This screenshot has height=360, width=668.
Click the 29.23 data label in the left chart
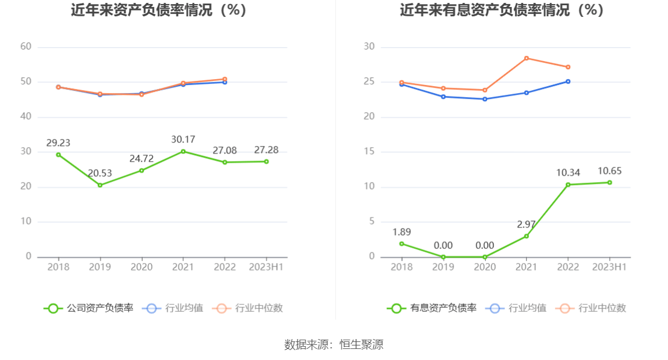(58, 142)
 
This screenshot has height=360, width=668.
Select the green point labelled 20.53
(100, 185)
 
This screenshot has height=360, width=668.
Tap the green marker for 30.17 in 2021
(183, 151)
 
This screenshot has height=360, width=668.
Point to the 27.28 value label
(266, 150)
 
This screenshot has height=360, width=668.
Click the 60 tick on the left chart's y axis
(26, 47)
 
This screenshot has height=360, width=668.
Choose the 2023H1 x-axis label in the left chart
(266, 267)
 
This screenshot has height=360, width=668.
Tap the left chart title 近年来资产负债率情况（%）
(159, 10)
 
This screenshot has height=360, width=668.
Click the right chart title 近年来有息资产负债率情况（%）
(502, 10)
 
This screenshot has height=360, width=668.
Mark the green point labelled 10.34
(568, 184)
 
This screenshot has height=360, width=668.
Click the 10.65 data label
(609, 171)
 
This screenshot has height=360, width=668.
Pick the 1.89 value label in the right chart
(401, 232)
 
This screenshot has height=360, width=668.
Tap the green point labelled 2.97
(527, 236)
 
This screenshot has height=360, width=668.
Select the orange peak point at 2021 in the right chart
(527, 58)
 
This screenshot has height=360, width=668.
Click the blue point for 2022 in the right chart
(568, 81)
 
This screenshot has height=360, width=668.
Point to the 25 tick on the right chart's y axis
(369, 82)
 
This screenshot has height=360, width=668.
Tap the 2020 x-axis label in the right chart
(485, 267)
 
